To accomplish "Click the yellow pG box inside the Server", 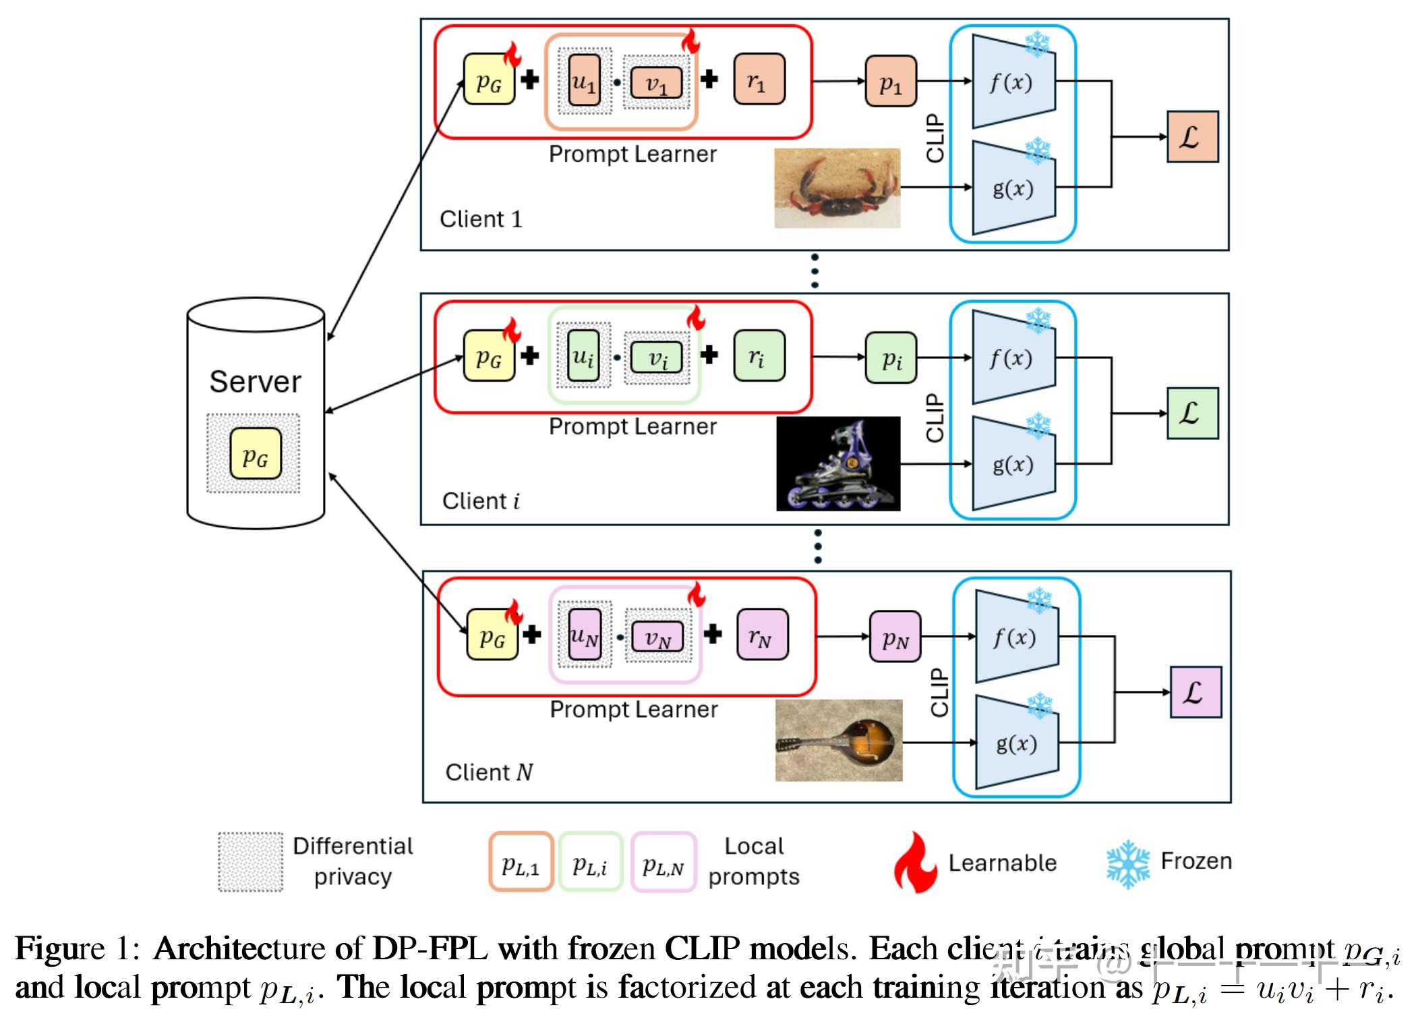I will pos(255,453).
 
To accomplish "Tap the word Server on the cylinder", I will pos(255,382).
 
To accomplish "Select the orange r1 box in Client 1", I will pos(759,80).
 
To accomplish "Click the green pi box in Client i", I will pos(891,358).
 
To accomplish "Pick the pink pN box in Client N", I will pos(895,636).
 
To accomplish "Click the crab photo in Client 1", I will pos(837,188).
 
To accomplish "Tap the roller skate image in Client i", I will pos(838,463).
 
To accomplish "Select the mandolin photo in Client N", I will pos(838,740).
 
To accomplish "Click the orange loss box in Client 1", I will pos(1192,137).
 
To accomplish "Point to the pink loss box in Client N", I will pos(1195,692).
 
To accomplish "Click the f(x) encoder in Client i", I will pos(1013,358).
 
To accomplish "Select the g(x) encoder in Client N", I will pos(1017,743).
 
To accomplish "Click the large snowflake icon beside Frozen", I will pos(1127,863).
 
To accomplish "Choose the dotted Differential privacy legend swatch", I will pos(250,862).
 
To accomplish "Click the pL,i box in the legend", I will pos(590,863).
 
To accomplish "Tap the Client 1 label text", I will pos(481,219).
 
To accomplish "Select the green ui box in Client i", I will pos(583,356).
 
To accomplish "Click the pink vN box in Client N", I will pos(657,636).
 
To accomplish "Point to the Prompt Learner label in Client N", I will pos(633,710).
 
